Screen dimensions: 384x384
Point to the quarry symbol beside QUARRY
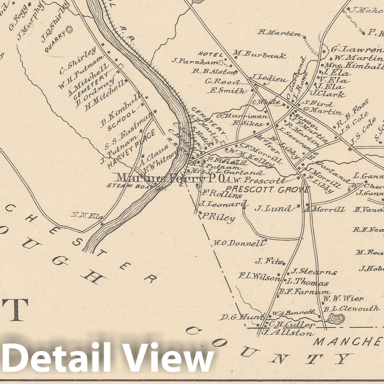click(x=70, y=29)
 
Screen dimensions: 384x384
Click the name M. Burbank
click(x=260, y=55)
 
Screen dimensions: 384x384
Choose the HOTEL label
click(x=210, y=54)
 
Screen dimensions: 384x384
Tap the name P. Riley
click(x=218, y=217)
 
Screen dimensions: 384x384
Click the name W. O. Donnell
click(x=239, y=243)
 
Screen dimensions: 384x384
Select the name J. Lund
click(x=273, y=208)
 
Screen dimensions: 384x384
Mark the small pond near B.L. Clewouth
click(x=336, y=319)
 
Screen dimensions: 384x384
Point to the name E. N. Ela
click(x=87, y=216)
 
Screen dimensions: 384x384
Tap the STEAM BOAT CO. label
click(x=134, y=186)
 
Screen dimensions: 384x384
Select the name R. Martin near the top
click(x=280, y=33)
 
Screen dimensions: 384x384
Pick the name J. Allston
click(x=287, y=333)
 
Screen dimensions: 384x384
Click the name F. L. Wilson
click(x=259, y=276)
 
